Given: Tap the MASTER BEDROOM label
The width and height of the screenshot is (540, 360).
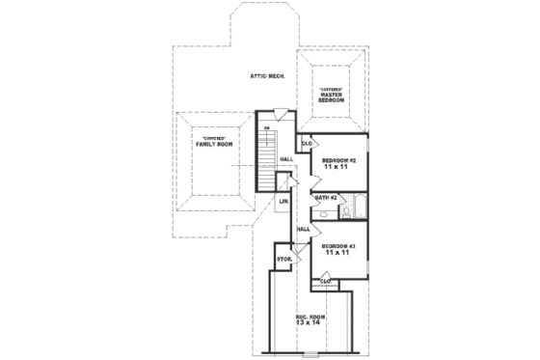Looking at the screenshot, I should (332, 97).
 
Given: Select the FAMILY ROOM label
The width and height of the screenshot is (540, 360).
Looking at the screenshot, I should (214, 144).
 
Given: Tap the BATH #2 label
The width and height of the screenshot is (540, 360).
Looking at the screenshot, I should (325, 199).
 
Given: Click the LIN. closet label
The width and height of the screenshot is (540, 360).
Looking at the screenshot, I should (284, 201).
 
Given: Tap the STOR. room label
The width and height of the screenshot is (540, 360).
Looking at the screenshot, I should (284, 260).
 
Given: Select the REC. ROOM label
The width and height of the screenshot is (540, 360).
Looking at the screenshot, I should (310, 316).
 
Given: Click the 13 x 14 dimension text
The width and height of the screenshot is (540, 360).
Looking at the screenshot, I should (310, 324).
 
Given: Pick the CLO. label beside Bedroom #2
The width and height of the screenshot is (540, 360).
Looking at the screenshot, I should (307, 144).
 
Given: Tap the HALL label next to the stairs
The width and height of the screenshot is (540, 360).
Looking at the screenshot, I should (286, 159).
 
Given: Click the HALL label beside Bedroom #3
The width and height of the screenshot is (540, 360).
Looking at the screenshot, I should (303, 229).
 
